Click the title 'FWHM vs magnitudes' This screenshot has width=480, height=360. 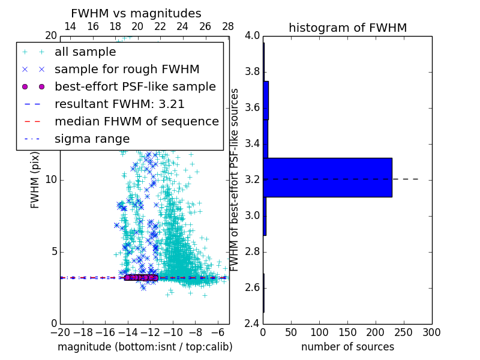136,13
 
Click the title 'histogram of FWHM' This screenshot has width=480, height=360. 347,28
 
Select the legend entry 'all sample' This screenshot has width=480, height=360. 85,52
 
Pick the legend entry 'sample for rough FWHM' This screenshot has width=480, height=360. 127,70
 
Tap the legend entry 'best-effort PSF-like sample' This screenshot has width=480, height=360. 135,87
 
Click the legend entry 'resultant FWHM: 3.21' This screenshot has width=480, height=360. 119,104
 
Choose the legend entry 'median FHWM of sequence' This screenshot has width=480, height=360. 136,122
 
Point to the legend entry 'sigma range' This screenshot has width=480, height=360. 92,139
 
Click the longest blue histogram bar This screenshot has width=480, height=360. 327,177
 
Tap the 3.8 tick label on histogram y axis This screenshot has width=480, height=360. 252,72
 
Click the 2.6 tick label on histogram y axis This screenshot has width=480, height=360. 252,287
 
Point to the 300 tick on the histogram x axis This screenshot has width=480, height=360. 432,332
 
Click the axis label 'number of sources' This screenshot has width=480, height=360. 347,347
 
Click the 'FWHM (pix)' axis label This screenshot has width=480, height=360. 35,179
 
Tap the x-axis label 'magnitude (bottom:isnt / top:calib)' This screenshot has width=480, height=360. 145,347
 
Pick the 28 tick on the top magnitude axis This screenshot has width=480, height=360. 228,26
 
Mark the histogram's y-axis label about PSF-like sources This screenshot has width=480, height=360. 235,179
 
